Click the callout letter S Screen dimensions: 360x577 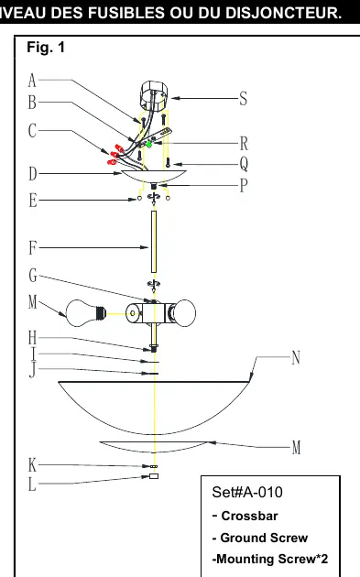(243, 99)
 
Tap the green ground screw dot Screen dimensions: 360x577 (148, 145)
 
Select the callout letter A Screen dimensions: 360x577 (32, 81)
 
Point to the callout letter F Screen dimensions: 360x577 (33, 247)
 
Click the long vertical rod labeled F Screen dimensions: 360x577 (154, 242)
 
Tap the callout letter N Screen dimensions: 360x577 (296, 357)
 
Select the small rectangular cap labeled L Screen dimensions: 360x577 (154, 476)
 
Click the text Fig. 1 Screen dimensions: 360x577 (46, 47)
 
